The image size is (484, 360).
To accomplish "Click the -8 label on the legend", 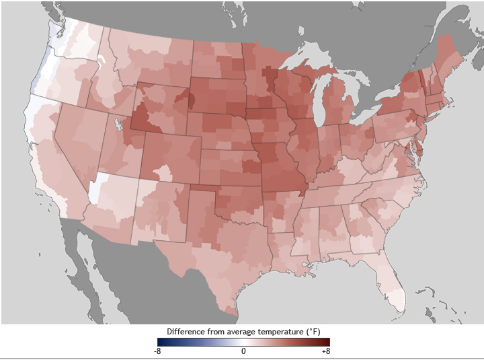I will pos(157,351).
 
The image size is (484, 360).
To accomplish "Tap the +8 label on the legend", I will pos(325,351).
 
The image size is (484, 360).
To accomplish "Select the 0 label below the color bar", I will pos(243,351).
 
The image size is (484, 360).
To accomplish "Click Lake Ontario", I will pos(397,87).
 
